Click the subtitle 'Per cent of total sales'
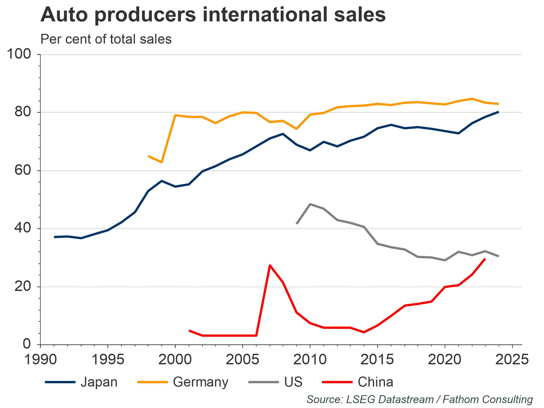pos(106,39)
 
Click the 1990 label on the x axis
pos(40,360)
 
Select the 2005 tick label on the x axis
pos(242,360)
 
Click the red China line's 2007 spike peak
pos(270,265)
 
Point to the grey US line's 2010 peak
pos(310,204)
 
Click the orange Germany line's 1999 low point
pos(162,162)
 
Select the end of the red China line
pos(485,259)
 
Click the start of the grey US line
pos(296,224)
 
